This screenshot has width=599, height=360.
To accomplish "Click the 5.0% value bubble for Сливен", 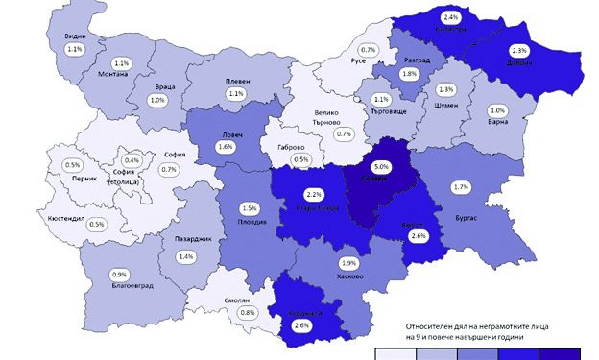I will [x=380, y=164].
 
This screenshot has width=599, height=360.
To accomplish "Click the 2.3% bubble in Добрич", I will [x=519, y=50].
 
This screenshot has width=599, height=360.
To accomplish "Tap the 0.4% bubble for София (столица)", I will [x=131, y=160].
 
